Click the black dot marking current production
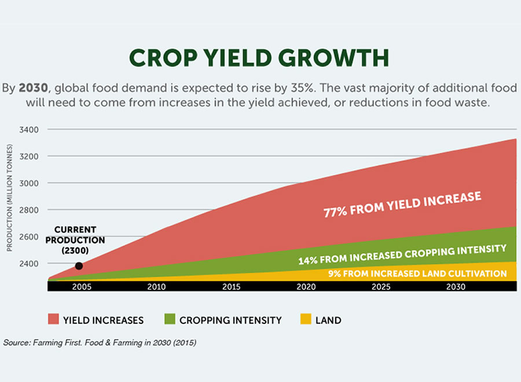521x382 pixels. [79, 266]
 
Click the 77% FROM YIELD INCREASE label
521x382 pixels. [402, 205]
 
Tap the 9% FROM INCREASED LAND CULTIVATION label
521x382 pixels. [417, 273]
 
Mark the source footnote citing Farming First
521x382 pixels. [100, 343]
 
